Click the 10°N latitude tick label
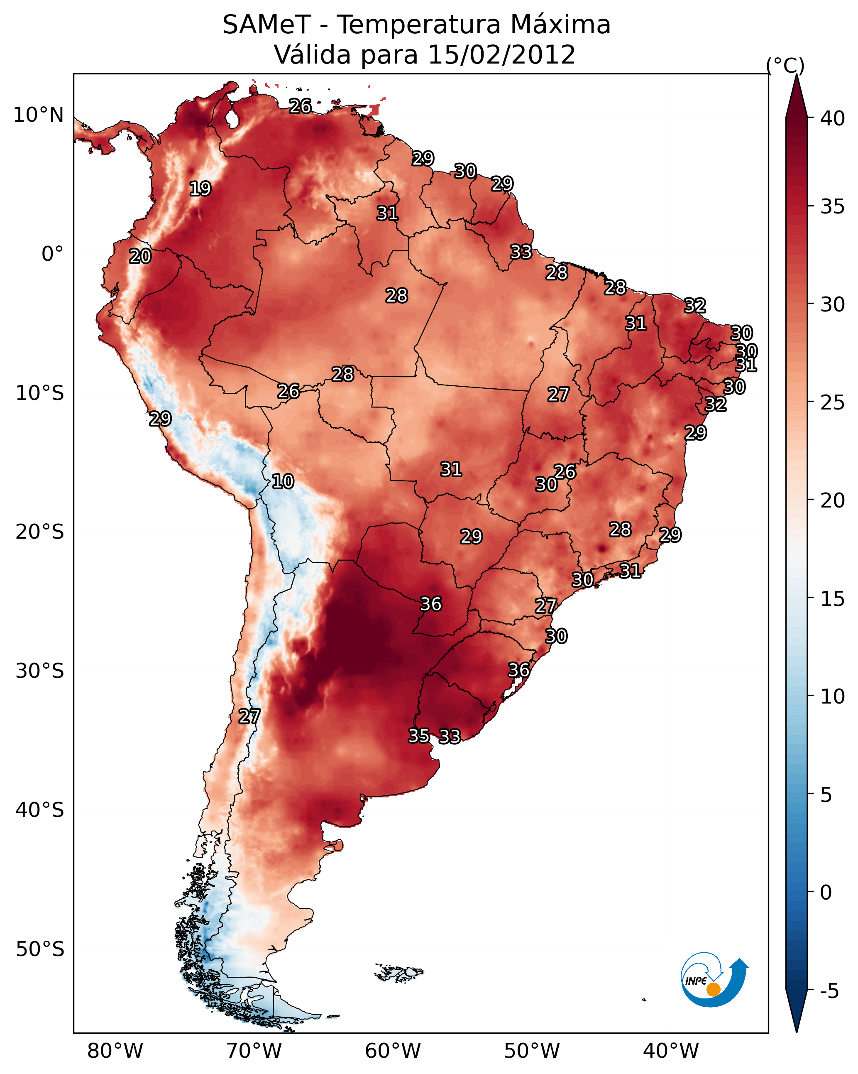point(38,115)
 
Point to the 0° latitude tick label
point(52,254)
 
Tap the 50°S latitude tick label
point(40,949)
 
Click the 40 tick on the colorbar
point(833,118)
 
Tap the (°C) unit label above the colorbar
point(785,65)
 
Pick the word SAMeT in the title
point(266,25)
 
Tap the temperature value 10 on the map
point(283,481)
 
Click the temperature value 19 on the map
point(200,189)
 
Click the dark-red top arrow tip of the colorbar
point(797,85)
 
